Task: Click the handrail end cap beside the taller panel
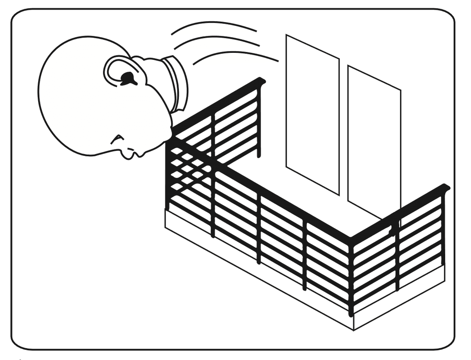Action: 262,81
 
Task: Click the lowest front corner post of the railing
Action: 351,276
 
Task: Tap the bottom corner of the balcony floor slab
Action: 353,328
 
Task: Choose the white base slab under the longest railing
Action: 258,271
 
